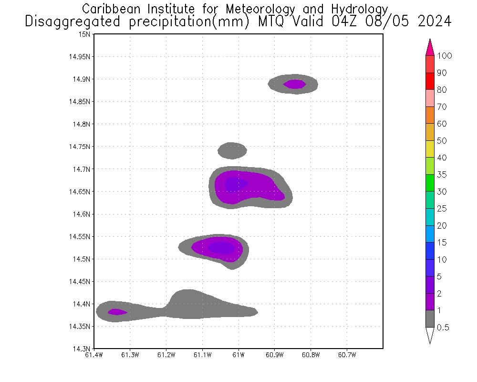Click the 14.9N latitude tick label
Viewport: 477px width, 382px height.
(x=82, y=79)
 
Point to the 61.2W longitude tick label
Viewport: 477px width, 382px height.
(x=166, y=355)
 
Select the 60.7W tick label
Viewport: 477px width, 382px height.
(x=346, y=355)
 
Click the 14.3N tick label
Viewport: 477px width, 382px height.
(x=82, y=349)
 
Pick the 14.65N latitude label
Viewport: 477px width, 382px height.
(x=81, y=191)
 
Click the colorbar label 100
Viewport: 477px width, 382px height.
(x=444, y=56)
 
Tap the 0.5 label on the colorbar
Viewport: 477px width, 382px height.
(x=444, y=328)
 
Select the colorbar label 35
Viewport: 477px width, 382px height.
(x=442, y=175)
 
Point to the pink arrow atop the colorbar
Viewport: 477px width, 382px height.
(x=430, y=47)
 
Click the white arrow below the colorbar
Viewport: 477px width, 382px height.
(x=430, y=335)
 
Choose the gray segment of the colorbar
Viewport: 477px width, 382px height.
(x=430, y=318)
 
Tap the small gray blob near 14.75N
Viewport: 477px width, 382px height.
(x=232, y=150)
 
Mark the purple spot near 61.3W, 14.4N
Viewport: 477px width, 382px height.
(x=117, y=312)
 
